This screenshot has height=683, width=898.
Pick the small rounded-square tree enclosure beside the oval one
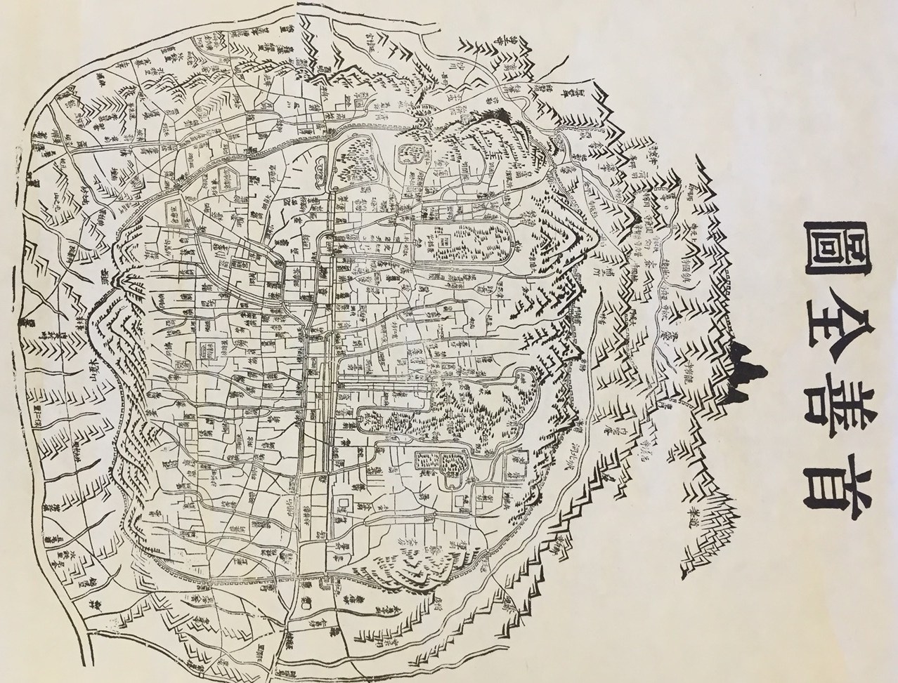[408, 152]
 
